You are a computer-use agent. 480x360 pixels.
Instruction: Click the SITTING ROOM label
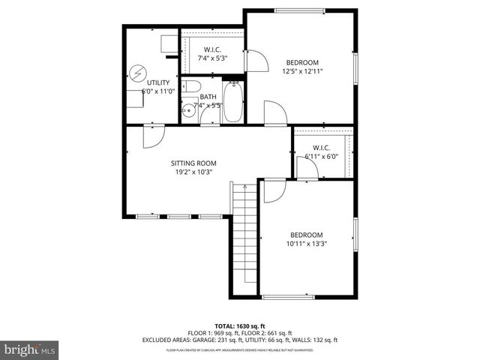click(193, 163)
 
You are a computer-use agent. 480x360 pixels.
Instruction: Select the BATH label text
click(208, 97)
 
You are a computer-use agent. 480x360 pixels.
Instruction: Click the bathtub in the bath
click(233, 103)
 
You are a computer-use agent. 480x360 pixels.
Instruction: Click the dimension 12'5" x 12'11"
click(302, 72)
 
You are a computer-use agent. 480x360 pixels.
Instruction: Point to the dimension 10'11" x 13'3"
click(307, 243)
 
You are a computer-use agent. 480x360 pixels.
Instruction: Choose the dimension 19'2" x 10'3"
click(193, 172)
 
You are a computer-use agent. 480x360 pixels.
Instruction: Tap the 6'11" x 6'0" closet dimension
click(322, 157)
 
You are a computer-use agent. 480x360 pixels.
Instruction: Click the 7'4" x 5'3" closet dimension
click(212, 58)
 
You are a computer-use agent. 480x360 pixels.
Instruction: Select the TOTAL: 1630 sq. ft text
click(240, 326)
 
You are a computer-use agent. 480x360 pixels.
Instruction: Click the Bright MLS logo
click(30, 349)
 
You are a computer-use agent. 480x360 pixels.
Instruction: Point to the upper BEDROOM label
click(302, 62)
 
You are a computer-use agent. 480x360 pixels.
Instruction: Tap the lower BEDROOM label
click(307, 233)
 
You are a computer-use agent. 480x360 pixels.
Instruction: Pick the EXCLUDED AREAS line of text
click(240, 340)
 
